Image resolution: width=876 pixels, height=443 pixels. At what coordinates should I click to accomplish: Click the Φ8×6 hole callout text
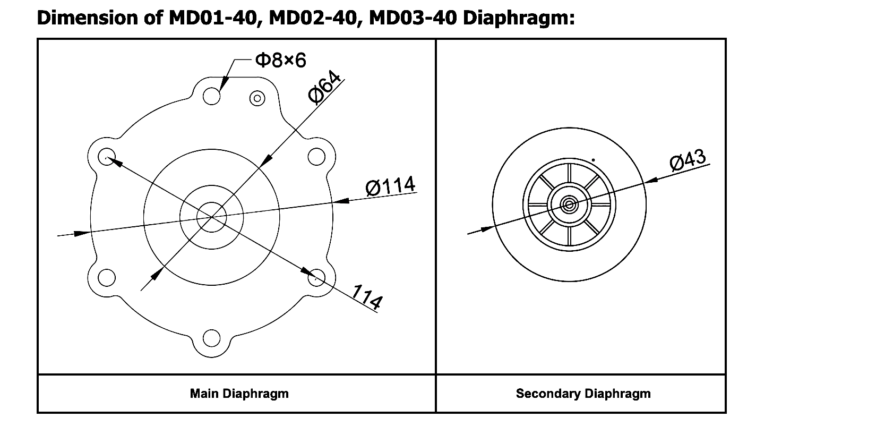click(x=280, y=61)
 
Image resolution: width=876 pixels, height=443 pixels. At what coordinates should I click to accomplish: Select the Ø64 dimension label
click(x=325, y=86)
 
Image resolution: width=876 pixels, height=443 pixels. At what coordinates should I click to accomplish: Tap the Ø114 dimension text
click(x=391, y=186)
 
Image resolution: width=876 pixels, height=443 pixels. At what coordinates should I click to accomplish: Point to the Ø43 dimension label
click(x=688, y=160)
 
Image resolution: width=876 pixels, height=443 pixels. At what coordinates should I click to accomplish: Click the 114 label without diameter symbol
click(x=367, y=297)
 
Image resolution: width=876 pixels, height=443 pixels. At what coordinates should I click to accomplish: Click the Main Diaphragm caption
click(x=239, y=394)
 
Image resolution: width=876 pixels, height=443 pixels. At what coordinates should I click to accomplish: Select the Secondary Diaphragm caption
click(x=583, y=394)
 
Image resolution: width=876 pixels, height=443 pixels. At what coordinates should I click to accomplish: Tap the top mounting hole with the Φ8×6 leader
click(x=212, y=97)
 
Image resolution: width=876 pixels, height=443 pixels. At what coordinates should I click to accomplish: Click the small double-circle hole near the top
click(x=258, y=98)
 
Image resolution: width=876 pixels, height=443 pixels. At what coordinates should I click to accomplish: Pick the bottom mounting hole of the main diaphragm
click(x=211, y=338)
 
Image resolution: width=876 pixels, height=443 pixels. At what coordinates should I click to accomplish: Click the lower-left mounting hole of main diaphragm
click(x=107, y=277)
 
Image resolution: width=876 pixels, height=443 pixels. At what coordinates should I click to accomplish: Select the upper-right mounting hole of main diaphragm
click(x=316, y=157)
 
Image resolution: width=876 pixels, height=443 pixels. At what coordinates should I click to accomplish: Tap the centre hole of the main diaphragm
click(x=212, y=217)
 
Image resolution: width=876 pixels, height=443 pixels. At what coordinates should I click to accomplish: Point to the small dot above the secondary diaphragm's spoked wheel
click(x=593, y=160)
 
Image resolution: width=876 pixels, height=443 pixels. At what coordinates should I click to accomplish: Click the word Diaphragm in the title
click(x=519, y=18)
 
